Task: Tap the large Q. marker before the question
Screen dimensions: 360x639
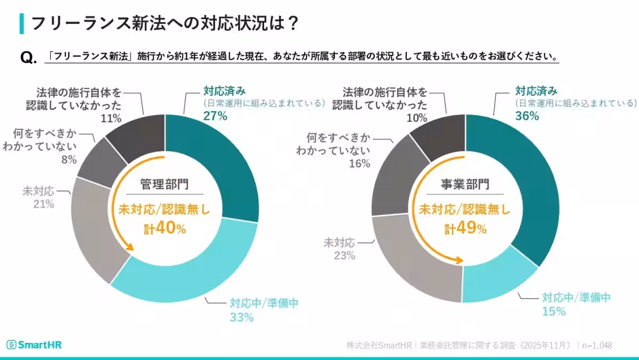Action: [x=28, y=58]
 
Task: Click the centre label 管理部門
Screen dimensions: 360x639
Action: [x=165, y=184]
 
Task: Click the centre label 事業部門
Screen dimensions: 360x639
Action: [x=465, y=184]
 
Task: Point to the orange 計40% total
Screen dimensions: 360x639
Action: [x=165, y=229]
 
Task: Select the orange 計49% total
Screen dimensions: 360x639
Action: [x=465, y=229]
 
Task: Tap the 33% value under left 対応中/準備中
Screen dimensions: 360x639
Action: [x=241, y=318]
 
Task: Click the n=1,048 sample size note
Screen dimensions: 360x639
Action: [x=596, y=345]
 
